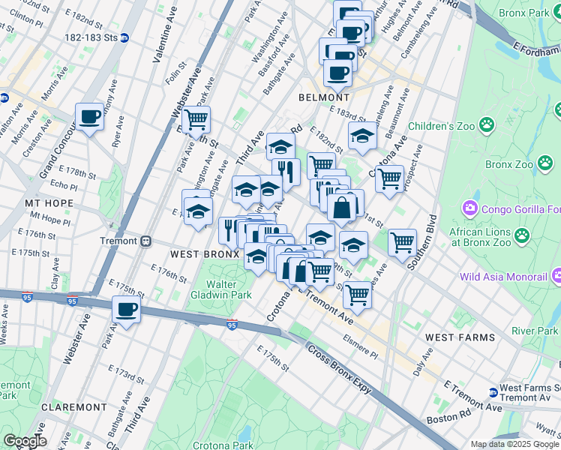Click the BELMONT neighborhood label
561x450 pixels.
[323, 97]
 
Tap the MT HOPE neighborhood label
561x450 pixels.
[49, 203]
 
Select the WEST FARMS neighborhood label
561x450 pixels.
[460, 337]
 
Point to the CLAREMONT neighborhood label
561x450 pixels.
[74, 406]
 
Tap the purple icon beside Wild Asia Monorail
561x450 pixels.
[556, 277]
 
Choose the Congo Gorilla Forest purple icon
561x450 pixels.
[471, 206]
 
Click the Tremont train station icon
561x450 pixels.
[147, 241]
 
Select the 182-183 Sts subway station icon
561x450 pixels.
[124, 37]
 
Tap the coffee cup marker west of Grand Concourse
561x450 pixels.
[90, 117]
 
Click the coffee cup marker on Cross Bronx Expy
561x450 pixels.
[126, 309]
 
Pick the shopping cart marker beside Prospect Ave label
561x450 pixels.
[388, 179]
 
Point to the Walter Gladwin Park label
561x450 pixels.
[230, 290]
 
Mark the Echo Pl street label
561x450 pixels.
[64, 185]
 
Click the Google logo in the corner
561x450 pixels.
[25, 441]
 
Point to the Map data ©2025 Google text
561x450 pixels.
[514, 444]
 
